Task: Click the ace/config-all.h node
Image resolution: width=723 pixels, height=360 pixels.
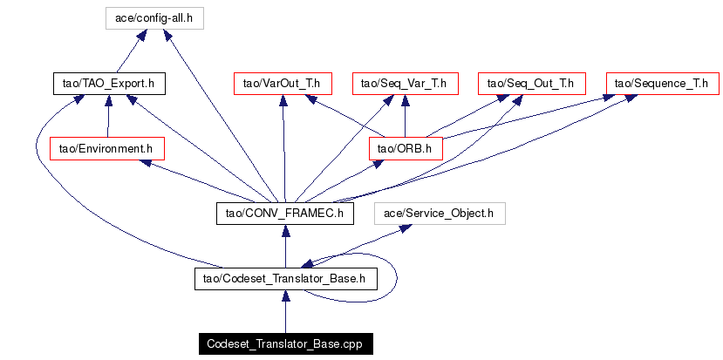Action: (x=153, y=17)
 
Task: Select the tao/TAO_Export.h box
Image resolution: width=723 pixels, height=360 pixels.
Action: (x=108, y=84)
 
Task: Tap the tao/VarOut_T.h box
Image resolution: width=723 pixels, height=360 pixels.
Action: (x=283, y=84)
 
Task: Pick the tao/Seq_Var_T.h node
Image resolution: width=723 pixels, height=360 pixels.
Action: (x=405, y=84)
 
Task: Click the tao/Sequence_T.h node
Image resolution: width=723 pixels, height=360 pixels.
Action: (x=663, y=84)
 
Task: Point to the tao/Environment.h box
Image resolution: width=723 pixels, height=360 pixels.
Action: (x=106, y=148)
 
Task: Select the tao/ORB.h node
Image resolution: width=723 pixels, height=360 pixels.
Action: (x=406, y=148)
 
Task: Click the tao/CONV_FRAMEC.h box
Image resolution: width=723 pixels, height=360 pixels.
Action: (x=284, y=214)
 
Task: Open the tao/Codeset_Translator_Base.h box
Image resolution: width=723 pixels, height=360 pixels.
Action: (x=284, y=279)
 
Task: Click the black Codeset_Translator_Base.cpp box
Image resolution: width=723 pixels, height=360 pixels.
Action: (x=284, y=344)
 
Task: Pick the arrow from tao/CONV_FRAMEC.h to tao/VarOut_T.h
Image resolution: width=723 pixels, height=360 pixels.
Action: (x=283, y=148)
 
